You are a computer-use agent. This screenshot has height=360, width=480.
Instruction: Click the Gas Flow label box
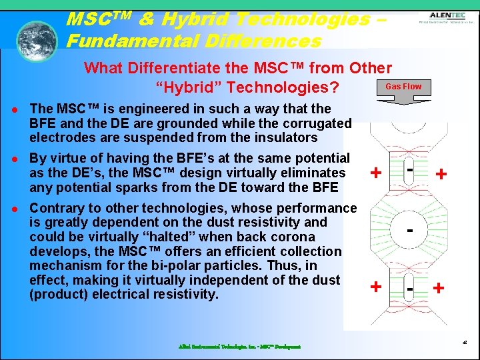[403, 87]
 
